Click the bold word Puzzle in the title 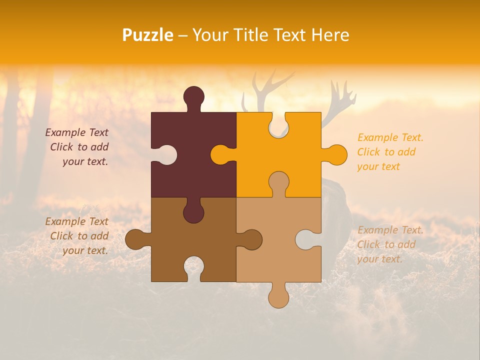point(148,35)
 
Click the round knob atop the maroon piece point(194,97)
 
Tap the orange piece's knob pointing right point(335,154)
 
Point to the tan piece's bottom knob point(278,296)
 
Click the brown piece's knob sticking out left point(136,239)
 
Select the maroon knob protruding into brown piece point(193,211)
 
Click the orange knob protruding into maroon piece point(221,154)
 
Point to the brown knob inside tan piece point(251,239)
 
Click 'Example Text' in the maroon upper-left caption point(76,132)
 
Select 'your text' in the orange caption point(378,166)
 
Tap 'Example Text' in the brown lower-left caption point(76,221)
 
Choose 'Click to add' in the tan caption point(386,244)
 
